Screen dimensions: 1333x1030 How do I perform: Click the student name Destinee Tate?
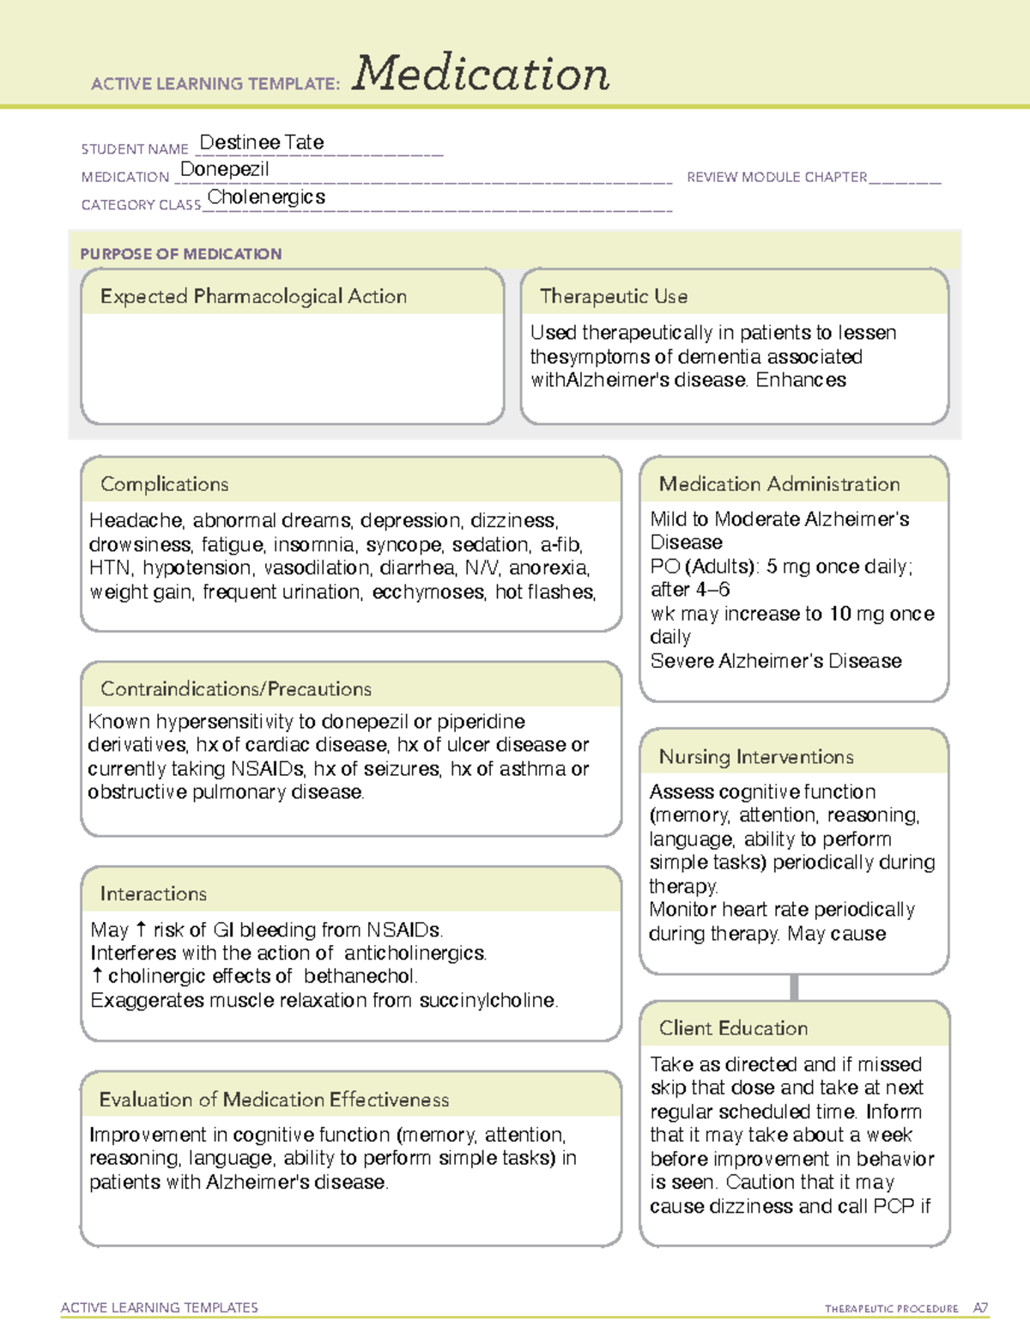point(262,142)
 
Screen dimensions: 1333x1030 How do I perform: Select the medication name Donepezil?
point(225,170)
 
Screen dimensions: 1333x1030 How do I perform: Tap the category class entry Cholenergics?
point(266,197)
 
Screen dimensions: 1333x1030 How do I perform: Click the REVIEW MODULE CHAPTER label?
point(777,177)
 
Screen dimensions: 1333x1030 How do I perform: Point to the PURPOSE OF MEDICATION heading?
point(181,254)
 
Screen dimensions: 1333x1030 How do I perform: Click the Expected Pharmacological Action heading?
point(253,296)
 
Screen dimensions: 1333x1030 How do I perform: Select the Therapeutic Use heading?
point(614,296)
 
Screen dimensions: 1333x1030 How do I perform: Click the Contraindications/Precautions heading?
point(236,688)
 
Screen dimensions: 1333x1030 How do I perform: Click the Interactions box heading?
point(154,894)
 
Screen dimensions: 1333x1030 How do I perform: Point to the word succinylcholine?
point(488,1001)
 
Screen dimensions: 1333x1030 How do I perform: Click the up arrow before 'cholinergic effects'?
point(97,976)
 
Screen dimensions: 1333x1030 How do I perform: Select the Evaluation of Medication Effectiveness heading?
point(274,1100)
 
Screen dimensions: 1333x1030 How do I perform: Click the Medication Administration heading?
point(779,484)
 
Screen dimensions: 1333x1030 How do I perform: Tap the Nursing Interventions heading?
point(756,756)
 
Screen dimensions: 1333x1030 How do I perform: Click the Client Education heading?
point(733,1028)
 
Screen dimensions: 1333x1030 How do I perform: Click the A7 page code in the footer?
point(979,1308)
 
